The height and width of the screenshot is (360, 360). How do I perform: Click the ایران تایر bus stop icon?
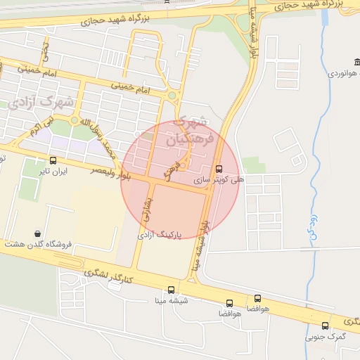pos(53,160)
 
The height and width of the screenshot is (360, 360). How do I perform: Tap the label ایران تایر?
pos(53,172)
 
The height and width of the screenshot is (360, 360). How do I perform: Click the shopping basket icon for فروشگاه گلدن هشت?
pos(37,233)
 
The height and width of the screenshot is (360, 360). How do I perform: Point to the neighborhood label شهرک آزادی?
pos(43,101)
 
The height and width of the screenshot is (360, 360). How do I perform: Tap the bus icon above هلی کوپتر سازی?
pos(219,169)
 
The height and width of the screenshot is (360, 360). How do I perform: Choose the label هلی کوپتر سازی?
pos(224,180)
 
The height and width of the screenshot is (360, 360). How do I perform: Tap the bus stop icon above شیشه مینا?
pos(171,290)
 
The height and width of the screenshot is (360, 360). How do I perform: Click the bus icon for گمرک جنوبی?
pos(325,326)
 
